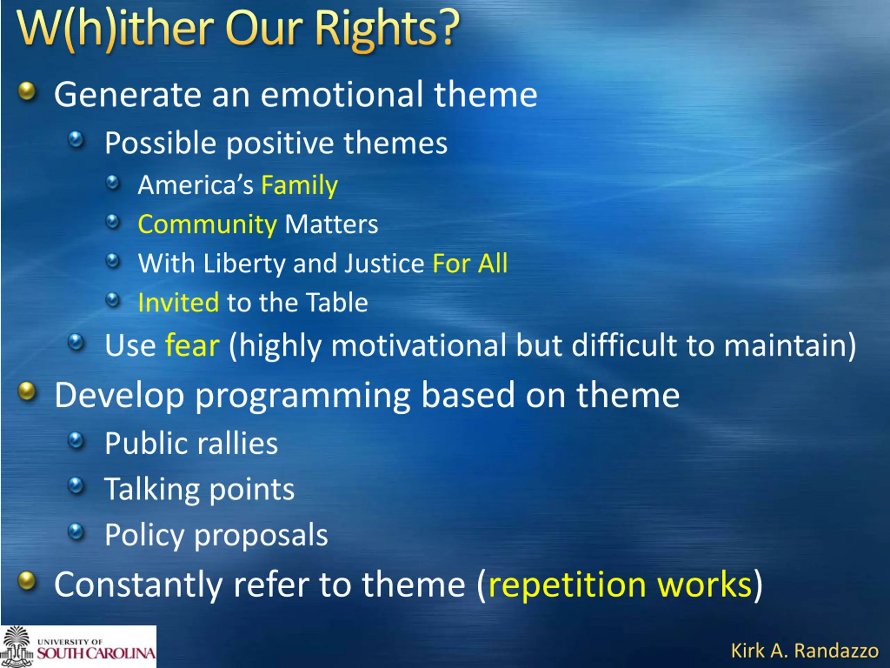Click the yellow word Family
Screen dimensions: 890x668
point(299,186)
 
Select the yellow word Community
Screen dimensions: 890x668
point(207,225)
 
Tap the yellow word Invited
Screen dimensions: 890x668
point(178,302)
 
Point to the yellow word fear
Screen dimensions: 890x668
point(192,345)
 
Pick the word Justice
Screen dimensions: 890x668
point(384,263)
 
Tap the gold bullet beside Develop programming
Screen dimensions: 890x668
point(27,391)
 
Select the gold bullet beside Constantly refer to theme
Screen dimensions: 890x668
point(27,581)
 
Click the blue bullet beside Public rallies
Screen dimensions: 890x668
point(76,440)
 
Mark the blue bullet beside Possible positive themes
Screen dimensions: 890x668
point(76,140)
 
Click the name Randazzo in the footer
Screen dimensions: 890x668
point(837,651)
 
